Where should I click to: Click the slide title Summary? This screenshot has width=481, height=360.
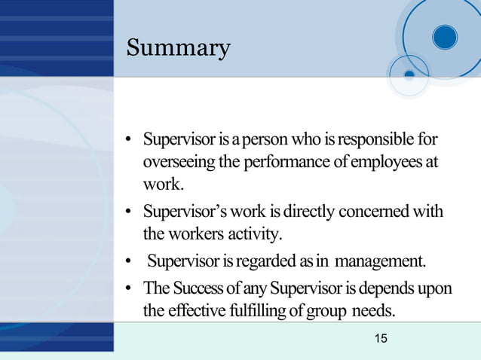[x=178, y=48]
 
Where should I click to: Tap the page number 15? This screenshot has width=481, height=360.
[x=381, y=339]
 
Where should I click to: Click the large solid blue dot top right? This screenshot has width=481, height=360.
[x=445, y=37]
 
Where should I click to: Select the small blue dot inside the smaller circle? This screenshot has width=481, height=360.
[x=409, y=75]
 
